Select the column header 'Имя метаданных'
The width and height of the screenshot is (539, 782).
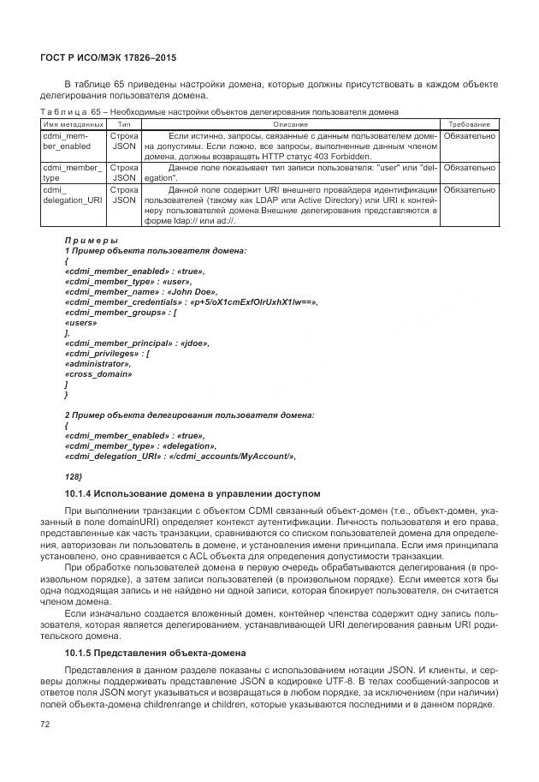(x=68, y=125)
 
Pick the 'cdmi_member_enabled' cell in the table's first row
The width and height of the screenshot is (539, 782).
(x=68, y=141)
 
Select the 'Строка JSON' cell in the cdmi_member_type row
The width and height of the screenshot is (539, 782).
(x=124, y=173)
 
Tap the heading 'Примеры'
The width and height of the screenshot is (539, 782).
(x=91, y=240)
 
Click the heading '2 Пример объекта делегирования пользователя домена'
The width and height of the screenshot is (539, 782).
(x=189, y=415)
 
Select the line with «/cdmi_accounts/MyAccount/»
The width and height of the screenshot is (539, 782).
(x=180, y=456)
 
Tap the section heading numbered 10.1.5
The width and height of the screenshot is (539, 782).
(x=155, y=653)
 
